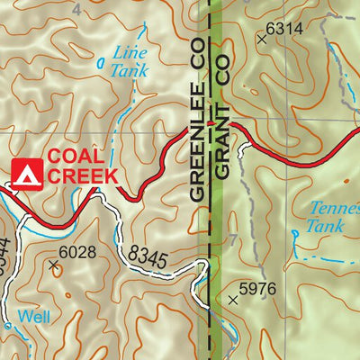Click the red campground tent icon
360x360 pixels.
pos(28,171)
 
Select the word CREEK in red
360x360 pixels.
pos(82,175)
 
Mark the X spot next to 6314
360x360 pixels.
pos(263,40)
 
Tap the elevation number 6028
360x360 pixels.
pos(77,252)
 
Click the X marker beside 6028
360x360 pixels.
pos(53,265)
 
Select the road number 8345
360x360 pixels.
pos(147,256)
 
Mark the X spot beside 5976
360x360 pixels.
pos(237,300)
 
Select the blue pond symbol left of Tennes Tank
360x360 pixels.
pos(295,233)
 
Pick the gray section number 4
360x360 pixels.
pos(77,9)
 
